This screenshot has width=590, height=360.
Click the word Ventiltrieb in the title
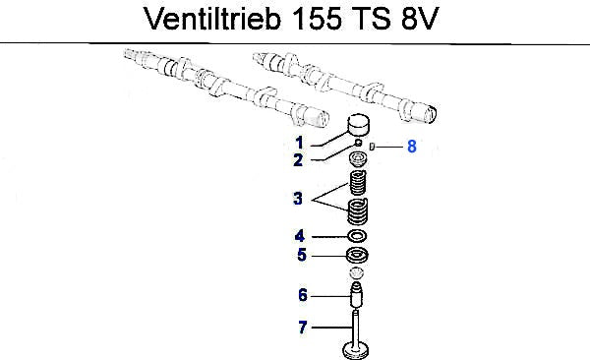[212, 18]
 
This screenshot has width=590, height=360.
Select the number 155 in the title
[318, 19]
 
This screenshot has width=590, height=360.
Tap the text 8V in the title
[420, 19]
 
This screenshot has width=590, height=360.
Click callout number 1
[299, 143]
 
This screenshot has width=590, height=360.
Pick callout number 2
[298, 160]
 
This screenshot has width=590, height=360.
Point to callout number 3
[298, 199]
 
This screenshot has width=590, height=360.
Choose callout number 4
[300, 236]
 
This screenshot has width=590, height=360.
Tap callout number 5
[302, 255]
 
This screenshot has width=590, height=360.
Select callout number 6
[303, 295]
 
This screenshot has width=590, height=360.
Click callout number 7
[303, 328]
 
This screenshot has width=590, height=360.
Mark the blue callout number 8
[412, 147]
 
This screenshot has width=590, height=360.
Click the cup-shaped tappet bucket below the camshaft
[358, 125]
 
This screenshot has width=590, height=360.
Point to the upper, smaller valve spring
[358, 183]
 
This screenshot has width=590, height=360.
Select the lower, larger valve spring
[357, 211]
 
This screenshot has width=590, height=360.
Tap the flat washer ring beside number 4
[357, 236]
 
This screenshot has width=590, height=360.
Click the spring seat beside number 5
[357, 256]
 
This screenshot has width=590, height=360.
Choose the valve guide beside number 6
[356, 295]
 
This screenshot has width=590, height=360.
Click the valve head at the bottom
[356, 350]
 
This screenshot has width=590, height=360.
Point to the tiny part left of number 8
[372, 147]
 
